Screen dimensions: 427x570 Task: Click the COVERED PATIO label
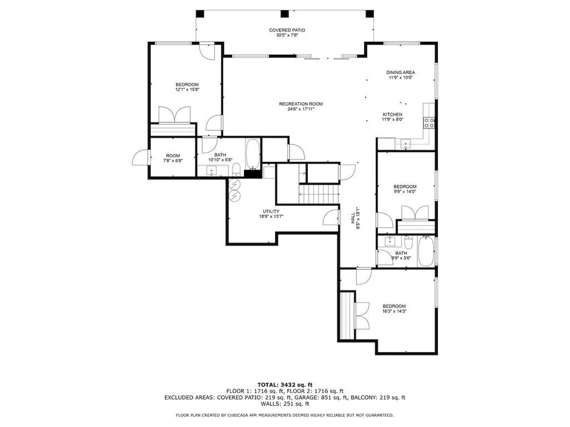coord(287,30)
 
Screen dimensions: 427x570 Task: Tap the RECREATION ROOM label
coord(301,104)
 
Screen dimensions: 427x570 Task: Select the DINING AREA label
coord(400,73)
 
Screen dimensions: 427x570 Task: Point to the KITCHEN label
coord(392,114)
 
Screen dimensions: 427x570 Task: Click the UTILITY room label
coord(271,211)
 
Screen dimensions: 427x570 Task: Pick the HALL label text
coord(353,218)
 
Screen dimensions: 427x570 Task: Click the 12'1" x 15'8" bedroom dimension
coord(187,89)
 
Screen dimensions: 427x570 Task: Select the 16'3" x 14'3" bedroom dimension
coord(394,311)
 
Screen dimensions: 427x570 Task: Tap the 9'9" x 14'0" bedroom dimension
coord(405,192)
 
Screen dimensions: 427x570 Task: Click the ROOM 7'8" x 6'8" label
coord(173,156)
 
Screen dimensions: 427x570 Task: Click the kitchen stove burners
coord(429,123)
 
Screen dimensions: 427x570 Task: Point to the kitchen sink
coord(406,143)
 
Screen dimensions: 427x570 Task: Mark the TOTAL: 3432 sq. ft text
coord(285,384)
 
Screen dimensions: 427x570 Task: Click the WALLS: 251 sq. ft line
coord(285,404)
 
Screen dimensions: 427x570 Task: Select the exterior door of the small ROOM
coord(140,158)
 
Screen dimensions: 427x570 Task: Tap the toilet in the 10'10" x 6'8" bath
coord(236,169)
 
